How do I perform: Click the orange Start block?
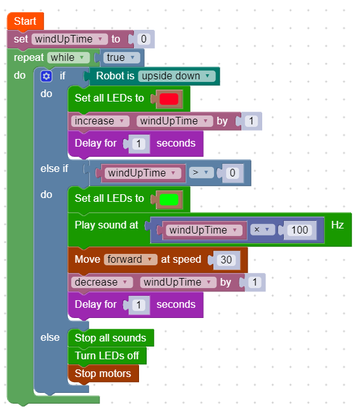[25, 22]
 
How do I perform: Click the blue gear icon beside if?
[46, 76]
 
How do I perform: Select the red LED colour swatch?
[169, 99]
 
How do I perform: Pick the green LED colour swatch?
[169, 199]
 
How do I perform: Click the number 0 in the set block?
[143, 39]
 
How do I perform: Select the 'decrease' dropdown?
[101, 282]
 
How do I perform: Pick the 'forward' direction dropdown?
[131, 260]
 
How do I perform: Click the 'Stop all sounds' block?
[110, 338]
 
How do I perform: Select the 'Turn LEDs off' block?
[107, 356]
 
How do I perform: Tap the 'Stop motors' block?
[103, 374]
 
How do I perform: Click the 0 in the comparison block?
[232, 173]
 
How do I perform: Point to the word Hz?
[338, 225]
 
